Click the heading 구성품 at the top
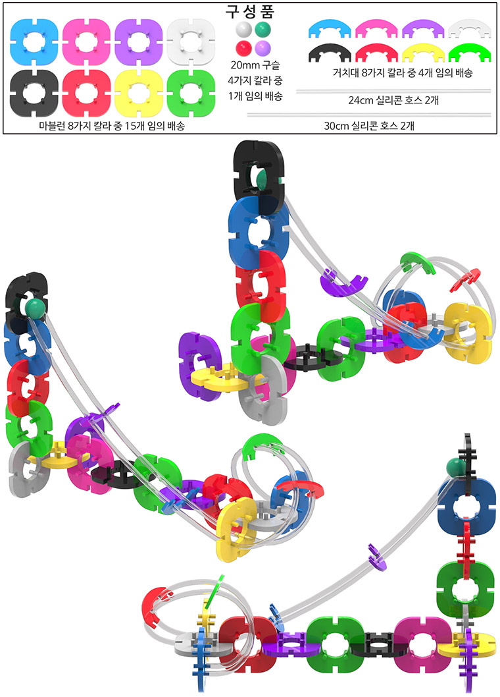tap(249, 11)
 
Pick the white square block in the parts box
tap(191, 42)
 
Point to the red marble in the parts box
tap(244, 47)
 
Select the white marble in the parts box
tap(244, 30)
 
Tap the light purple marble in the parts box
tap(262, 47)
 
